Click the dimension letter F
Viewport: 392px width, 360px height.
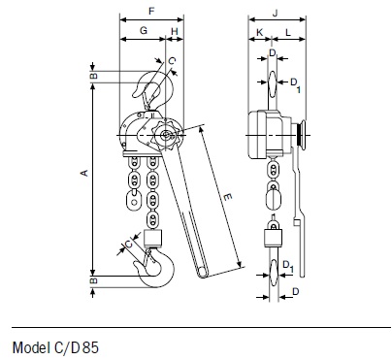click(x=151, y=12)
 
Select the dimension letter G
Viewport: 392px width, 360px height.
click(x=144, y=30)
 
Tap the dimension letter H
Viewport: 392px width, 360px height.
click(x=175, y=31)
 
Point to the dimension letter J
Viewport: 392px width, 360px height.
click(x=276, y=13)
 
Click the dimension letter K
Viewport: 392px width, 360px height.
click(x=259, y=32)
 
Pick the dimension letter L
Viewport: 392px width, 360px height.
click(x=288, y=32)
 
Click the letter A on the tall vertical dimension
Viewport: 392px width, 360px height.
click(x=84, y=173)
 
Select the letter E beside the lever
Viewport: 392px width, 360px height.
click(x=228, y=196)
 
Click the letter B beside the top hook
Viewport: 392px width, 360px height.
click(x=93, y=77)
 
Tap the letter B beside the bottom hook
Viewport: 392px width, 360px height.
click(x=93, y=280)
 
